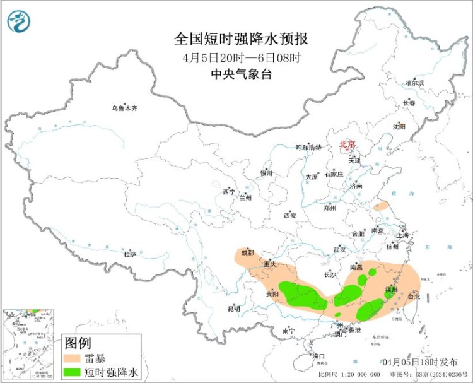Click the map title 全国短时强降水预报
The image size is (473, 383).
coord(241,40)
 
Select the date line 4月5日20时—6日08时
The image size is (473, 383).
coord(241,57)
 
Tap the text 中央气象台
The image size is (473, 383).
coord(241,74)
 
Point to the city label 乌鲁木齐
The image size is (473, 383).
coord(124,109)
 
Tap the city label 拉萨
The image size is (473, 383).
coord(130,254)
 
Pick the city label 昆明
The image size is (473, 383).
coord(233,309)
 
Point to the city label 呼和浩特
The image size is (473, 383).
coord(308,148)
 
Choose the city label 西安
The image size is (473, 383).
coord(289,215)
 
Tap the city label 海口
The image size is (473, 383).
coord(318,356)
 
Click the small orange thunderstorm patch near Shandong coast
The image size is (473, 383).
coord(381,206)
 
